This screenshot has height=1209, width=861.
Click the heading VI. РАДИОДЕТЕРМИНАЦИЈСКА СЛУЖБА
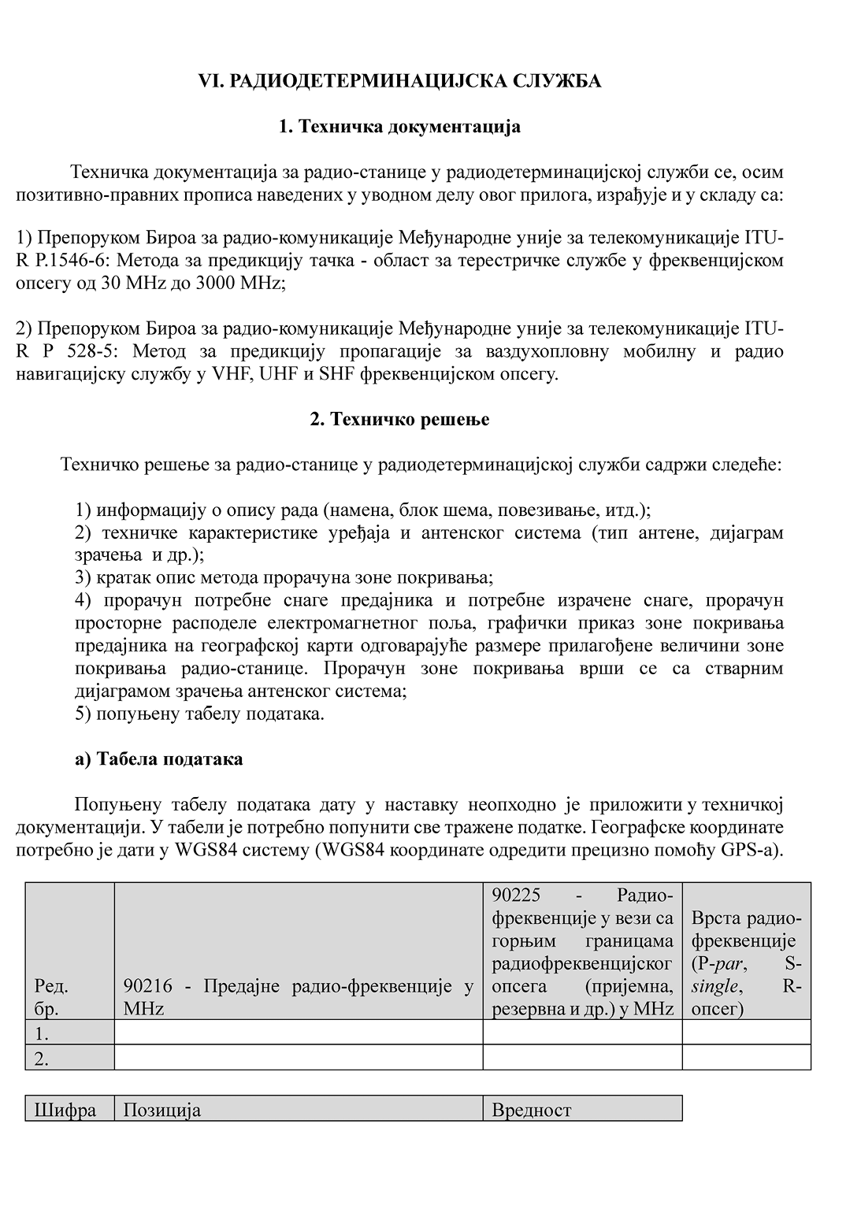point(399,81)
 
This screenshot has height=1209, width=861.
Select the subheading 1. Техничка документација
point(399,127)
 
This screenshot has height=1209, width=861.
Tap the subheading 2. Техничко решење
point(399,419)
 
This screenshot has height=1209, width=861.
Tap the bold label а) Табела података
point(158,759)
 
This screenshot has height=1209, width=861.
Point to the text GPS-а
point(752,851)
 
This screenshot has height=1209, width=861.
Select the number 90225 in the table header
point(517,896)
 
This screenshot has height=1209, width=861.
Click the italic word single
point(714,986)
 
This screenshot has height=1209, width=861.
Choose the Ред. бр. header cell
point(52,997)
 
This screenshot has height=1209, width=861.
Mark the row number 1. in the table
point(42,1033)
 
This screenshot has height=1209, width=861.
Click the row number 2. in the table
point(42,1059)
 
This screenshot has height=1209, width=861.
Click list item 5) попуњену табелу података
point(200,714)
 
